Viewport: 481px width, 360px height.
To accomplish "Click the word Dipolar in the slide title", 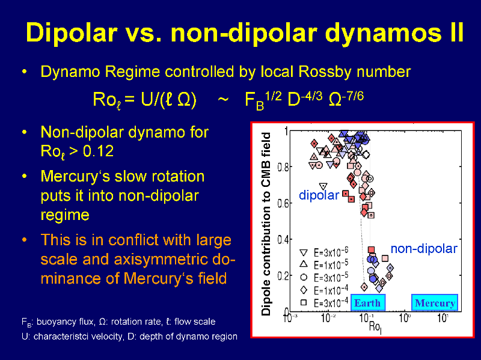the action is point(72,32).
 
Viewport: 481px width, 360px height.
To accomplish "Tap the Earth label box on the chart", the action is point(368,303).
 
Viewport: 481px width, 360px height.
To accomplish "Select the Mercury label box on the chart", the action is point(435,303).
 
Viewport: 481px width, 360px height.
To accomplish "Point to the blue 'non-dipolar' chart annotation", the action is point(424,248).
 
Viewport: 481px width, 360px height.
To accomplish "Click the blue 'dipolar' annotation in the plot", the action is point(319,195).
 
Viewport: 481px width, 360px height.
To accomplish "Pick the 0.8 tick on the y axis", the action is point(282,168).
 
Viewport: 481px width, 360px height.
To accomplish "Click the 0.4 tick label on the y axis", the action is point(282,239).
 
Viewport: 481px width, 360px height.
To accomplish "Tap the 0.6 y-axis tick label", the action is point(282,204).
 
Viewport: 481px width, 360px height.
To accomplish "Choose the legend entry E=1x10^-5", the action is point(324,264).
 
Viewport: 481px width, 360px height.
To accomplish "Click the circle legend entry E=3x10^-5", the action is point(324,277).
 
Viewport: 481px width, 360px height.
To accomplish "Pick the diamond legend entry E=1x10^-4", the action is point(324,290).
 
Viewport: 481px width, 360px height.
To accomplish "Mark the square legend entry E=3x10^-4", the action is point(324,303).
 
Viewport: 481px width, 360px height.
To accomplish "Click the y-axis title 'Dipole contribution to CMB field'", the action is point(266,224).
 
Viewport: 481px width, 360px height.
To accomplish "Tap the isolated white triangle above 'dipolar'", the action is point(323,186).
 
